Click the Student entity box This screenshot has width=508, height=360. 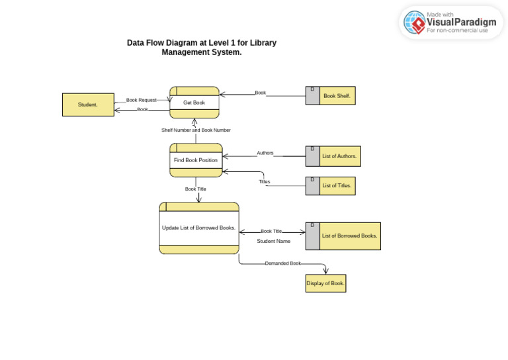(88, 105)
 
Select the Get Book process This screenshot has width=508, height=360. (194, 103)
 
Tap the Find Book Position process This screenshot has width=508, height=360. (196, 160)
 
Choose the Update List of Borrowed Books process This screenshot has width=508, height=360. (198, 228)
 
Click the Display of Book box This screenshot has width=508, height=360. (325, 283)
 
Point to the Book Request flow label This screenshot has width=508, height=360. (142, 101)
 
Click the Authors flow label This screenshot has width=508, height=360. (265, 153)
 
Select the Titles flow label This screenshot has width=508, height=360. (265, 181)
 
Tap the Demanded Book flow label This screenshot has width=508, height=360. (283, 263)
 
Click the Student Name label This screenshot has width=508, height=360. (274, 242)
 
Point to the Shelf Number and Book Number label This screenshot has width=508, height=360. (196, 130)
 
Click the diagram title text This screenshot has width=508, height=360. (202, 48)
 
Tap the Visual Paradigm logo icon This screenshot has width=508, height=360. (415, 22)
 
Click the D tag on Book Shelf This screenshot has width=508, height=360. (312, 89)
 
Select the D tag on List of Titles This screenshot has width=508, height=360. (312, 179)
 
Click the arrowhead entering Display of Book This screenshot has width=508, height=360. (325, 271)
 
